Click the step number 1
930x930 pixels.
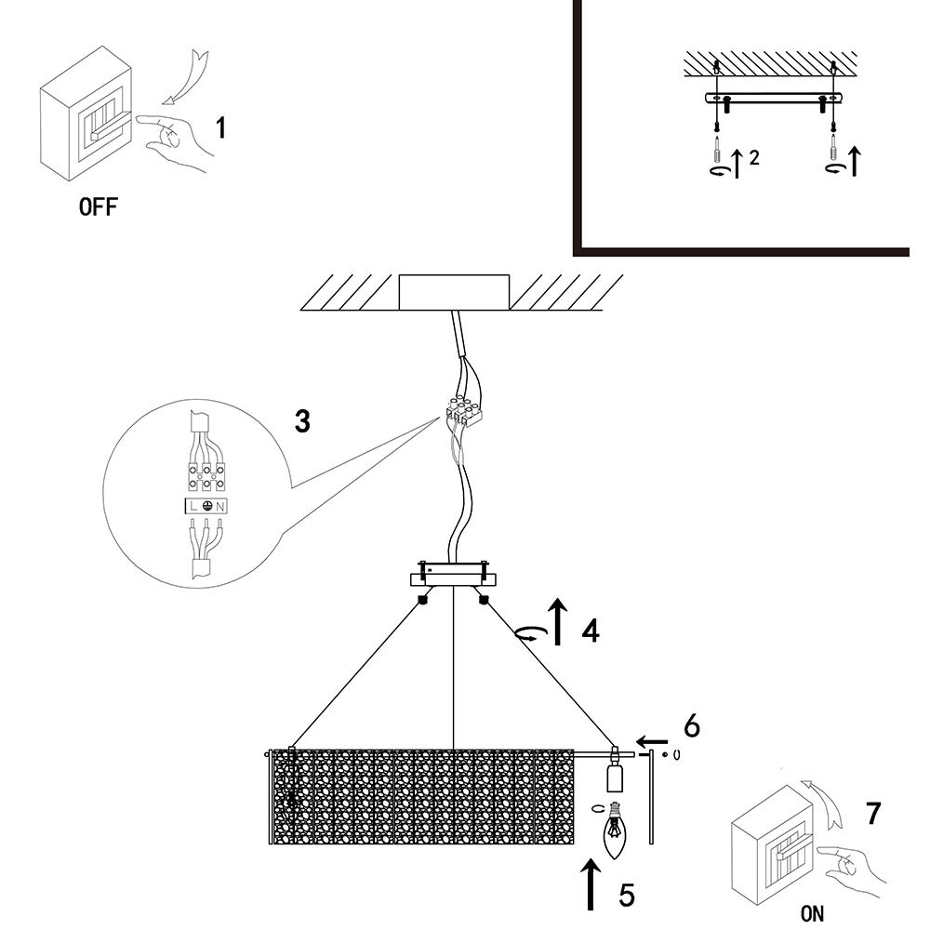[x=220, y=127]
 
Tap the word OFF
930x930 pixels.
[x=99, y=207]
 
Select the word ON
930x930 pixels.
[x=812, y=913]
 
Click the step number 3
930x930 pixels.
[x=302, y=421]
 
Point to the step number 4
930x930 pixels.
[x=591, y=631]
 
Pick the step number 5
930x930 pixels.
[x=627, y=895]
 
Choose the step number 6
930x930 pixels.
[x=692, y=726]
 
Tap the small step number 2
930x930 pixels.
[x=754, y=158]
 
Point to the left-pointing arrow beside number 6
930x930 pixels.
[x=653, y=741]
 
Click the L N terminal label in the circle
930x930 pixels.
[x=206, y=506]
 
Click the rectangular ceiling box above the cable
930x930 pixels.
[x=455, y=292]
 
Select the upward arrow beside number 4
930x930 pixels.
[x=557, y=621]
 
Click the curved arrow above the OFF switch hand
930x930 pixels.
[x=185, y=77]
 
